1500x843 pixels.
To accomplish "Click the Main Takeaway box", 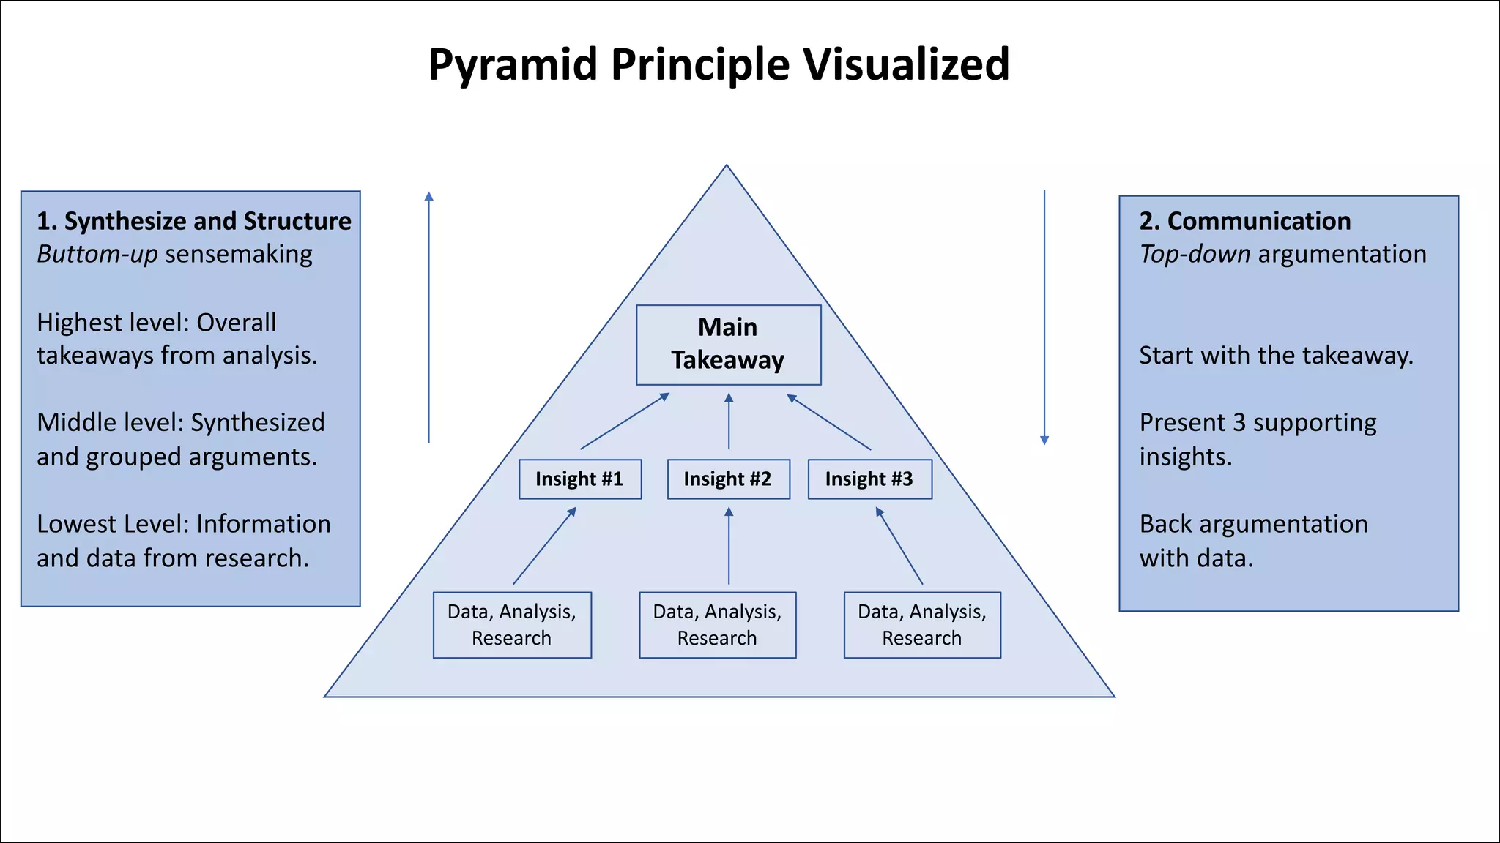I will coord(728,345).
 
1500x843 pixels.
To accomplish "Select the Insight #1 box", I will coord(579,479).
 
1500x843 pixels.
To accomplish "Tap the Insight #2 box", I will coord(728,479).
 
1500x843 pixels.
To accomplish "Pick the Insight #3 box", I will coord(869,479).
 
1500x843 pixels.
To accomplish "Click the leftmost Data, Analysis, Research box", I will coord(512,625).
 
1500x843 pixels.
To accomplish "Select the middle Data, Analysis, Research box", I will coord(717,625).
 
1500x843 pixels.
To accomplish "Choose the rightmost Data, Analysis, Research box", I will coord(922,625).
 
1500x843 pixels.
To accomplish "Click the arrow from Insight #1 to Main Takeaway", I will coord(625,421).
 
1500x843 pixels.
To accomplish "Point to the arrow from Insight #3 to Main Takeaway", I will coord(829,422).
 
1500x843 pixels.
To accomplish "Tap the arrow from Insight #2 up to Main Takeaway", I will coord(729,421).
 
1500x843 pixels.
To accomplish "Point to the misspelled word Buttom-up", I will coord(97,254).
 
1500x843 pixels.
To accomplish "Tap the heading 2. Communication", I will coord(1244,221).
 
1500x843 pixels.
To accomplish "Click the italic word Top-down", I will coord(1195,254).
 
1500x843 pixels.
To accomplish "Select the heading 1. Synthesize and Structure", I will coord(194,221).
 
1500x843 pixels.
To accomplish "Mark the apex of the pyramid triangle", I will coord(727,167).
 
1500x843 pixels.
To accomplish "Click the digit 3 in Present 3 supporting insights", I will coord(1239,423).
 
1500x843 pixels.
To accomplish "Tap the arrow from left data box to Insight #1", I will coord(544,546).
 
